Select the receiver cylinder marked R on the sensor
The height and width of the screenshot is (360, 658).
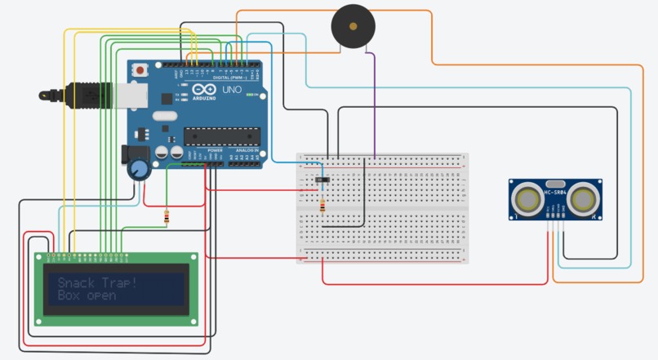click(585, 198)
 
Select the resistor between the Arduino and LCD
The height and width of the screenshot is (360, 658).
click(167, 217)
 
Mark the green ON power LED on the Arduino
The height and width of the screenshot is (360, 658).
click(248, 96)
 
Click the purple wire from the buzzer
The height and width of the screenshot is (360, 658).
click(374, 98)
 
